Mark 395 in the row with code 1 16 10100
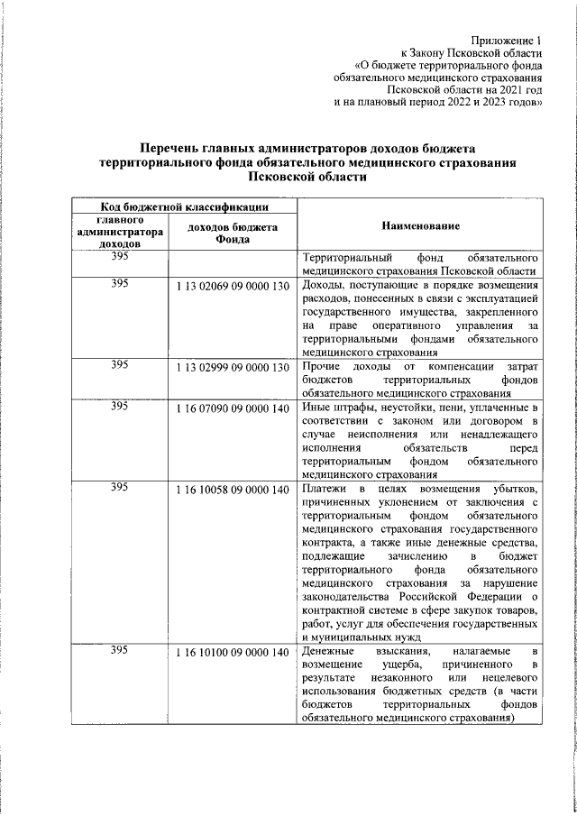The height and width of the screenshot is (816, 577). [x=119, y=651]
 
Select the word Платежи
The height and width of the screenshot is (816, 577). [x=327, y=490]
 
